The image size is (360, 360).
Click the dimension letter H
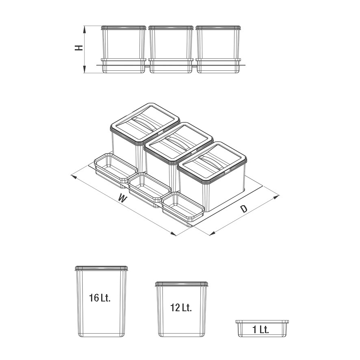[79, 48]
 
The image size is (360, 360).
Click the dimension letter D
[244, 208]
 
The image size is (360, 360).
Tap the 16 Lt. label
[100, 298]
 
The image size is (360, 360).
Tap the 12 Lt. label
[181, 308]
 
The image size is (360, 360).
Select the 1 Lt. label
[260, 330]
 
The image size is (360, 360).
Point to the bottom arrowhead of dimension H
[85, 70]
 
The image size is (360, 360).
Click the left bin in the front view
[124, 49]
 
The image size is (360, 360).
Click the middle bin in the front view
[171, 49]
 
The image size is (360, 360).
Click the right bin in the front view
[218, 49]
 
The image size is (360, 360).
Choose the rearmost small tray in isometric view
[116, 170]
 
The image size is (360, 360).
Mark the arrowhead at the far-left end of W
[74, 177]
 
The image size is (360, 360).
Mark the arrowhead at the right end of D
[276, 197]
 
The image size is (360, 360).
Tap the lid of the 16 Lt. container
[101, 268]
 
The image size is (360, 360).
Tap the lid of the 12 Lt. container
[181, 284]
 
